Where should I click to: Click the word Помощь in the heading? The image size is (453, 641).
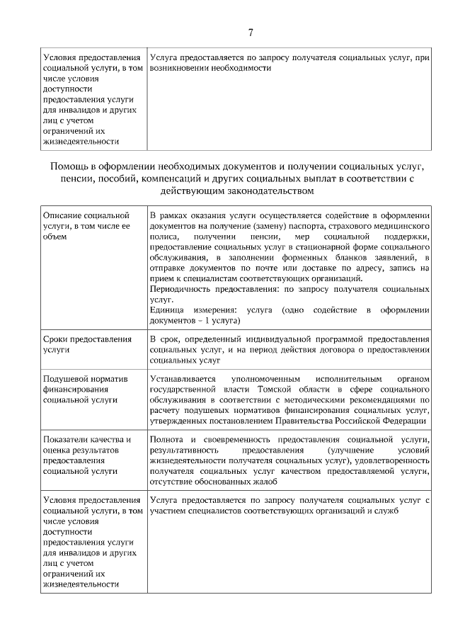[69, 166]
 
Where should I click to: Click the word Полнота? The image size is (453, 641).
[167, 440]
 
